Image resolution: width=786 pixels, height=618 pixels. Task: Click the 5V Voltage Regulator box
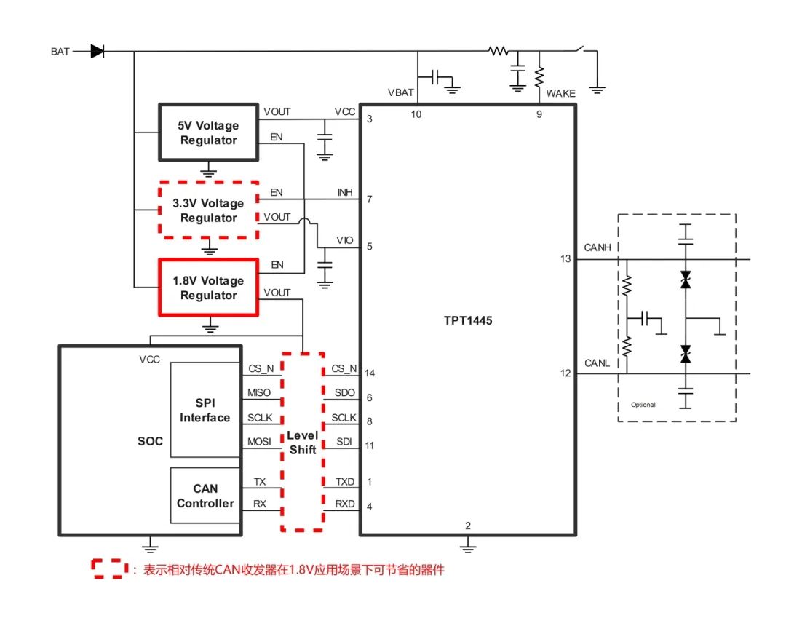click(x=209, y=132)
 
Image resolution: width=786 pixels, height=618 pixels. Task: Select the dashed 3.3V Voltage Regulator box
click(x=209, y=210)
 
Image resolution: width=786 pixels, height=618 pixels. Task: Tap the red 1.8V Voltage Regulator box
click(x=209, y=288)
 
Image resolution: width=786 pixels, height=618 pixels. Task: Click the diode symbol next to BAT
click(x=97, y=51)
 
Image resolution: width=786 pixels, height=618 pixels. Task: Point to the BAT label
click(x=60, y=52)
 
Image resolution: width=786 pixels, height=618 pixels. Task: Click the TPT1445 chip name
click(x=468, y=320)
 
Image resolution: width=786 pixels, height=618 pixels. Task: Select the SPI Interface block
click(x=205, y=410)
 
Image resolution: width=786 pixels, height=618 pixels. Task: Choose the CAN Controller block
click(x=205, y=496)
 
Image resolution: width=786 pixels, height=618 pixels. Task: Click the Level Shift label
click(x=303, y=443)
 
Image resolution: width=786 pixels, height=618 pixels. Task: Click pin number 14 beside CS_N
click(x=370, y=373)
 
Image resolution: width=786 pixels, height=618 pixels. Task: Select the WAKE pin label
click(x=560, y=93)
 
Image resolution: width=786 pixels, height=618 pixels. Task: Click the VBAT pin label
click(x=401, y=93)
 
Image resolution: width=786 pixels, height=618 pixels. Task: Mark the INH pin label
click(x=345, y=193)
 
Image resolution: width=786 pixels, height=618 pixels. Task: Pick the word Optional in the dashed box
click(x=643, y=405)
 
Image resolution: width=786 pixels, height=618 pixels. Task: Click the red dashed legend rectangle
click(x=107, y=569)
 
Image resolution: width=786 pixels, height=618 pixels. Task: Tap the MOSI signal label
click(x=259, y=442)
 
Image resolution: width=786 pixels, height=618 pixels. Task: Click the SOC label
click(x=151, y=441)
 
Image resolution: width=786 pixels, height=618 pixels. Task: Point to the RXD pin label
click(x=345, y=503)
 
